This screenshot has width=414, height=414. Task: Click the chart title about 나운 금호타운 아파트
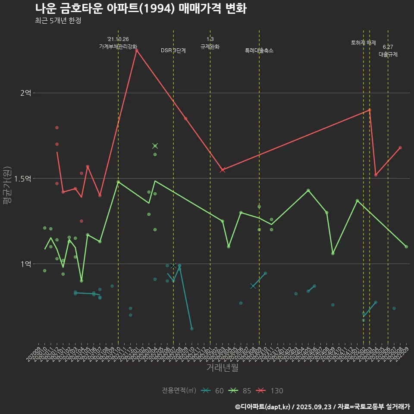[x=141, y=9]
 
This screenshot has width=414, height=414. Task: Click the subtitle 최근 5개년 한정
[x=58, y=21]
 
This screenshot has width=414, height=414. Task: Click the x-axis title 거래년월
[x=222, y=367]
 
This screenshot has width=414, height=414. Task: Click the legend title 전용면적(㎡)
[x=179, y=391]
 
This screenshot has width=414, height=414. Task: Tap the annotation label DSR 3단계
[x=173, y=50]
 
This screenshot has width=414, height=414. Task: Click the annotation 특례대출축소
[x=259, y=50]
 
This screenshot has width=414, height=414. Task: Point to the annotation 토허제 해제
[x=364, y=43]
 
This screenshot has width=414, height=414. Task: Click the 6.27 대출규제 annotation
[x=388, y=51]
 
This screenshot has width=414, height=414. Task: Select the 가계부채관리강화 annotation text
[x=118, y=46]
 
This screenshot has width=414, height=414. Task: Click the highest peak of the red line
[x=136, y=50]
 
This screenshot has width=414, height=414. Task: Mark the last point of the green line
[x=406, y=246]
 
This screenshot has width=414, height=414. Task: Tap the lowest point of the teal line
[x=191, y=329]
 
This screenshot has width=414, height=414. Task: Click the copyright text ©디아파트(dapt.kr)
[x=263, y=406]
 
